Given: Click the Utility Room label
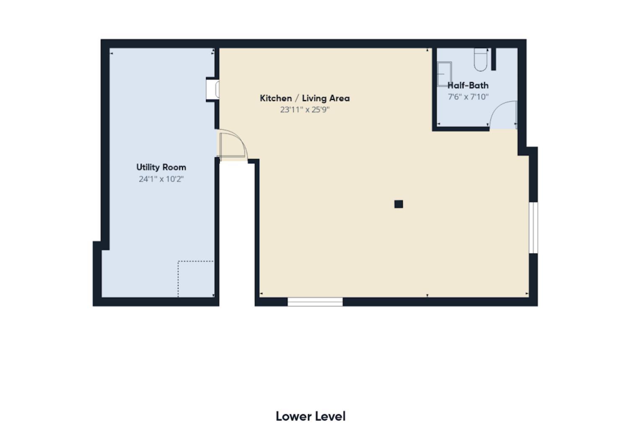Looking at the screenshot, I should pos(161,167).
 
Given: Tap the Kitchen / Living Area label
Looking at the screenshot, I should pos(305,98).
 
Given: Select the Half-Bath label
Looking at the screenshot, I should pos(468,85).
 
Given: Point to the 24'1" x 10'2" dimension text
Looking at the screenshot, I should pos(161,179).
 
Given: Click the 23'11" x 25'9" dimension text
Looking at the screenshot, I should pos(305,110).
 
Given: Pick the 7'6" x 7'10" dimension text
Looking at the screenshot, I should pos(468,97).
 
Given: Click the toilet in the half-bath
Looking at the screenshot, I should pos(481,59).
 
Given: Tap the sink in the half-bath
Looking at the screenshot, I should pos(444,74).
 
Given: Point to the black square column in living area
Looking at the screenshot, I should pos(398,204).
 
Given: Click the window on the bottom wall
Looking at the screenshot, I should pos(315,301).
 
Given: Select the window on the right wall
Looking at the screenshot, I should pos(533,228).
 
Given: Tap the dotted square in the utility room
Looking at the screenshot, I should pos(196,279).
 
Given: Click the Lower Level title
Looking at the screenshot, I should pos(310,416).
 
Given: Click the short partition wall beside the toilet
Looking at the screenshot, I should pos(494,59).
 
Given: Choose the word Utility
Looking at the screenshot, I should pos(148,167).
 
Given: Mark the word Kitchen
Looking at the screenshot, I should pos(276,98).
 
